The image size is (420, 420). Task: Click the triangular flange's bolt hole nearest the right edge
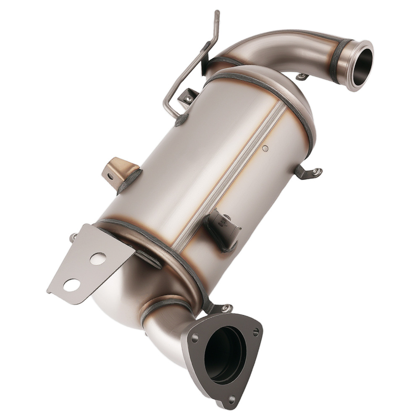point(255,332)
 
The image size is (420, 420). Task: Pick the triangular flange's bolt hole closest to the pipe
point(194,337)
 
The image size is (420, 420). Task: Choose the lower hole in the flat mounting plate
point(71,285)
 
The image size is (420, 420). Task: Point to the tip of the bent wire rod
point(217,13)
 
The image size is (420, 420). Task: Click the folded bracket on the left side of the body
point(120,172)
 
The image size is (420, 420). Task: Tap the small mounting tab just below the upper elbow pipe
point(302,77)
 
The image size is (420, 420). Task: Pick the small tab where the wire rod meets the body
point(188,97)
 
